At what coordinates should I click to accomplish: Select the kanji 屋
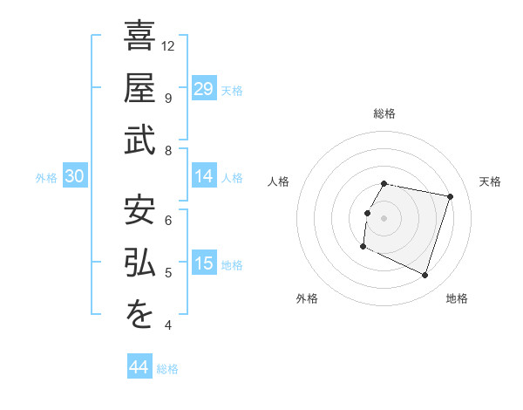pyautogui.click(x=139, y=87)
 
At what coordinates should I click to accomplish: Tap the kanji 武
pyautogui.click(x=139, y=140)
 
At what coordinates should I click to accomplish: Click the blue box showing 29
pyautogui.click(x=204, y=88)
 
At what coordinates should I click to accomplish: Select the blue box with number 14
pyautogui.click(x=204, y=176)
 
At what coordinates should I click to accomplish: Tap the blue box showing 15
pyautogui.click(x=204, y=263)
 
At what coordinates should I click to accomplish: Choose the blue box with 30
pyautogui.click(x=74, y=176)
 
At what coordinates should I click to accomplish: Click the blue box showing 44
pyautogui.click(x=139, y=367)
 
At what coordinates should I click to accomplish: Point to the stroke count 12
pyautogui.click(x=169, y=45)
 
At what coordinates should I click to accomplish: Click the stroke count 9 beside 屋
pyautogui.click(x=167, y=98)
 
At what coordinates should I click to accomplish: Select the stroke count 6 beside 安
pyautogui.click(x=167, y=220)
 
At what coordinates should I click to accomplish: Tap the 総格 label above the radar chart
pyautogui.click(x=384, y=113)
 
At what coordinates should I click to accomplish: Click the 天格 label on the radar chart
pyautogui.click(x=490, y=181)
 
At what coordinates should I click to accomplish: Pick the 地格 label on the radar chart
pyautogui.click(x=457, y=298)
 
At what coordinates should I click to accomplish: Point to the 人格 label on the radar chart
pyautogui.click(x=279, y=181)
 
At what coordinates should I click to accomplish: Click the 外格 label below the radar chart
pyautogui.click(x=307, y=298)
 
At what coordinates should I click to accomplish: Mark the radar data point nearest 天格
pyautogui.click(x=450, y=197)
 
